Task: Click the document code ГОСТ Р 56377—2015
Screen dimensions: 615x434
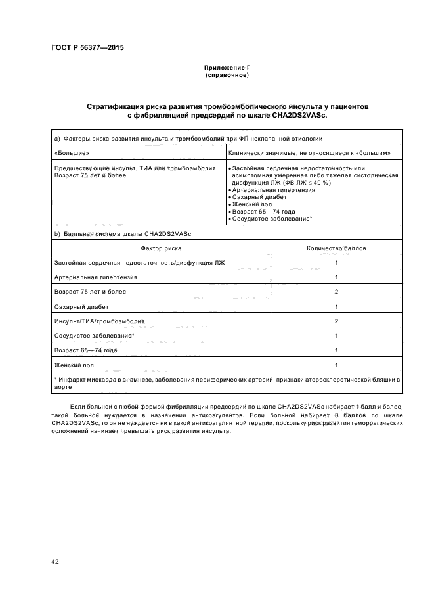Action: [x=87, y=48]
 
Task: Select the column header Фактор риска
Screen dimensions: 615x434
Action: [x=161, y=248]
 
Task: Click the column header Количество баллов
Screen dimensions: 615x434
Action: [x=336, y=248]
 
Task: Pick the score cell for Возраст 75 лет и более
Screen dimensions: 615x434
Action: [x=336, y=292]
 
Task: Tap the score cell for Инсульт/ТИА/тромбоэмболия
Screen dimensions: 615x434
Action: [x=336, y=321]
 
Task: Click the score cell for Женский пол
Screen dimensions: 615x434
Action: [x=336, y=365]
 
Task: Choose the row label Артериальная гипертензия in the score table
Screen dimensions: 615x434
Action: [x=87, y=277]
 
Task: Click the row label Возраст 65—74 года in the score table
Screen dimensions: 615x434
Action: [x=86, y=350]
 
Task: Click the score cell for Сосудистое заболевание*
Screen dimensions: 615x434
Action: [x=336, y=336]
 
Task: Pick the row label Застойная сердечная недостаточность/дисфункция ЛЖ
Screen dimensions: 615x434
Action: [x=139, y=263]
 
